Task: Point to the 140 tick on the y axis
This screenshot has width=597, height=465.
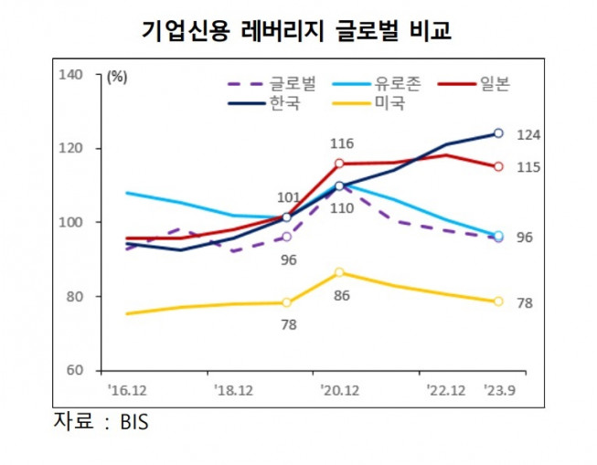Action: click(x=69, y=74)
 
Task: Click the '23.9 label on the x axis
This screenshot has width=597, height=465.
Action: click(x=498, y=388)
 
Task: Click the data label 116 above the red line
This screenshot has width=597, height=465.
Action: click(x=341, y=143)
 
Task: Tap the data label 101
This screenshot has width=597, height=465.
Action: click(x=288, y=197)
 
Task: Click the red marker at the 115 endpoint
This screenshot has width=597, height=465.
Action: click(x=498, y=166)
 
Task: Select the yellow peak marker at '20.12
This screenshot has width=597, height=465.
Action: click(x=339, y=272)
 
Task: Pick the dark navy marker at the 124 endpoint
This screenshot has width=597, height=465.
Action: click(x=498, y=133)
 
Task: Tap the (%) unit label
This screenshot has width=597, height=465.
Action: click(x=117, y=77)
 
